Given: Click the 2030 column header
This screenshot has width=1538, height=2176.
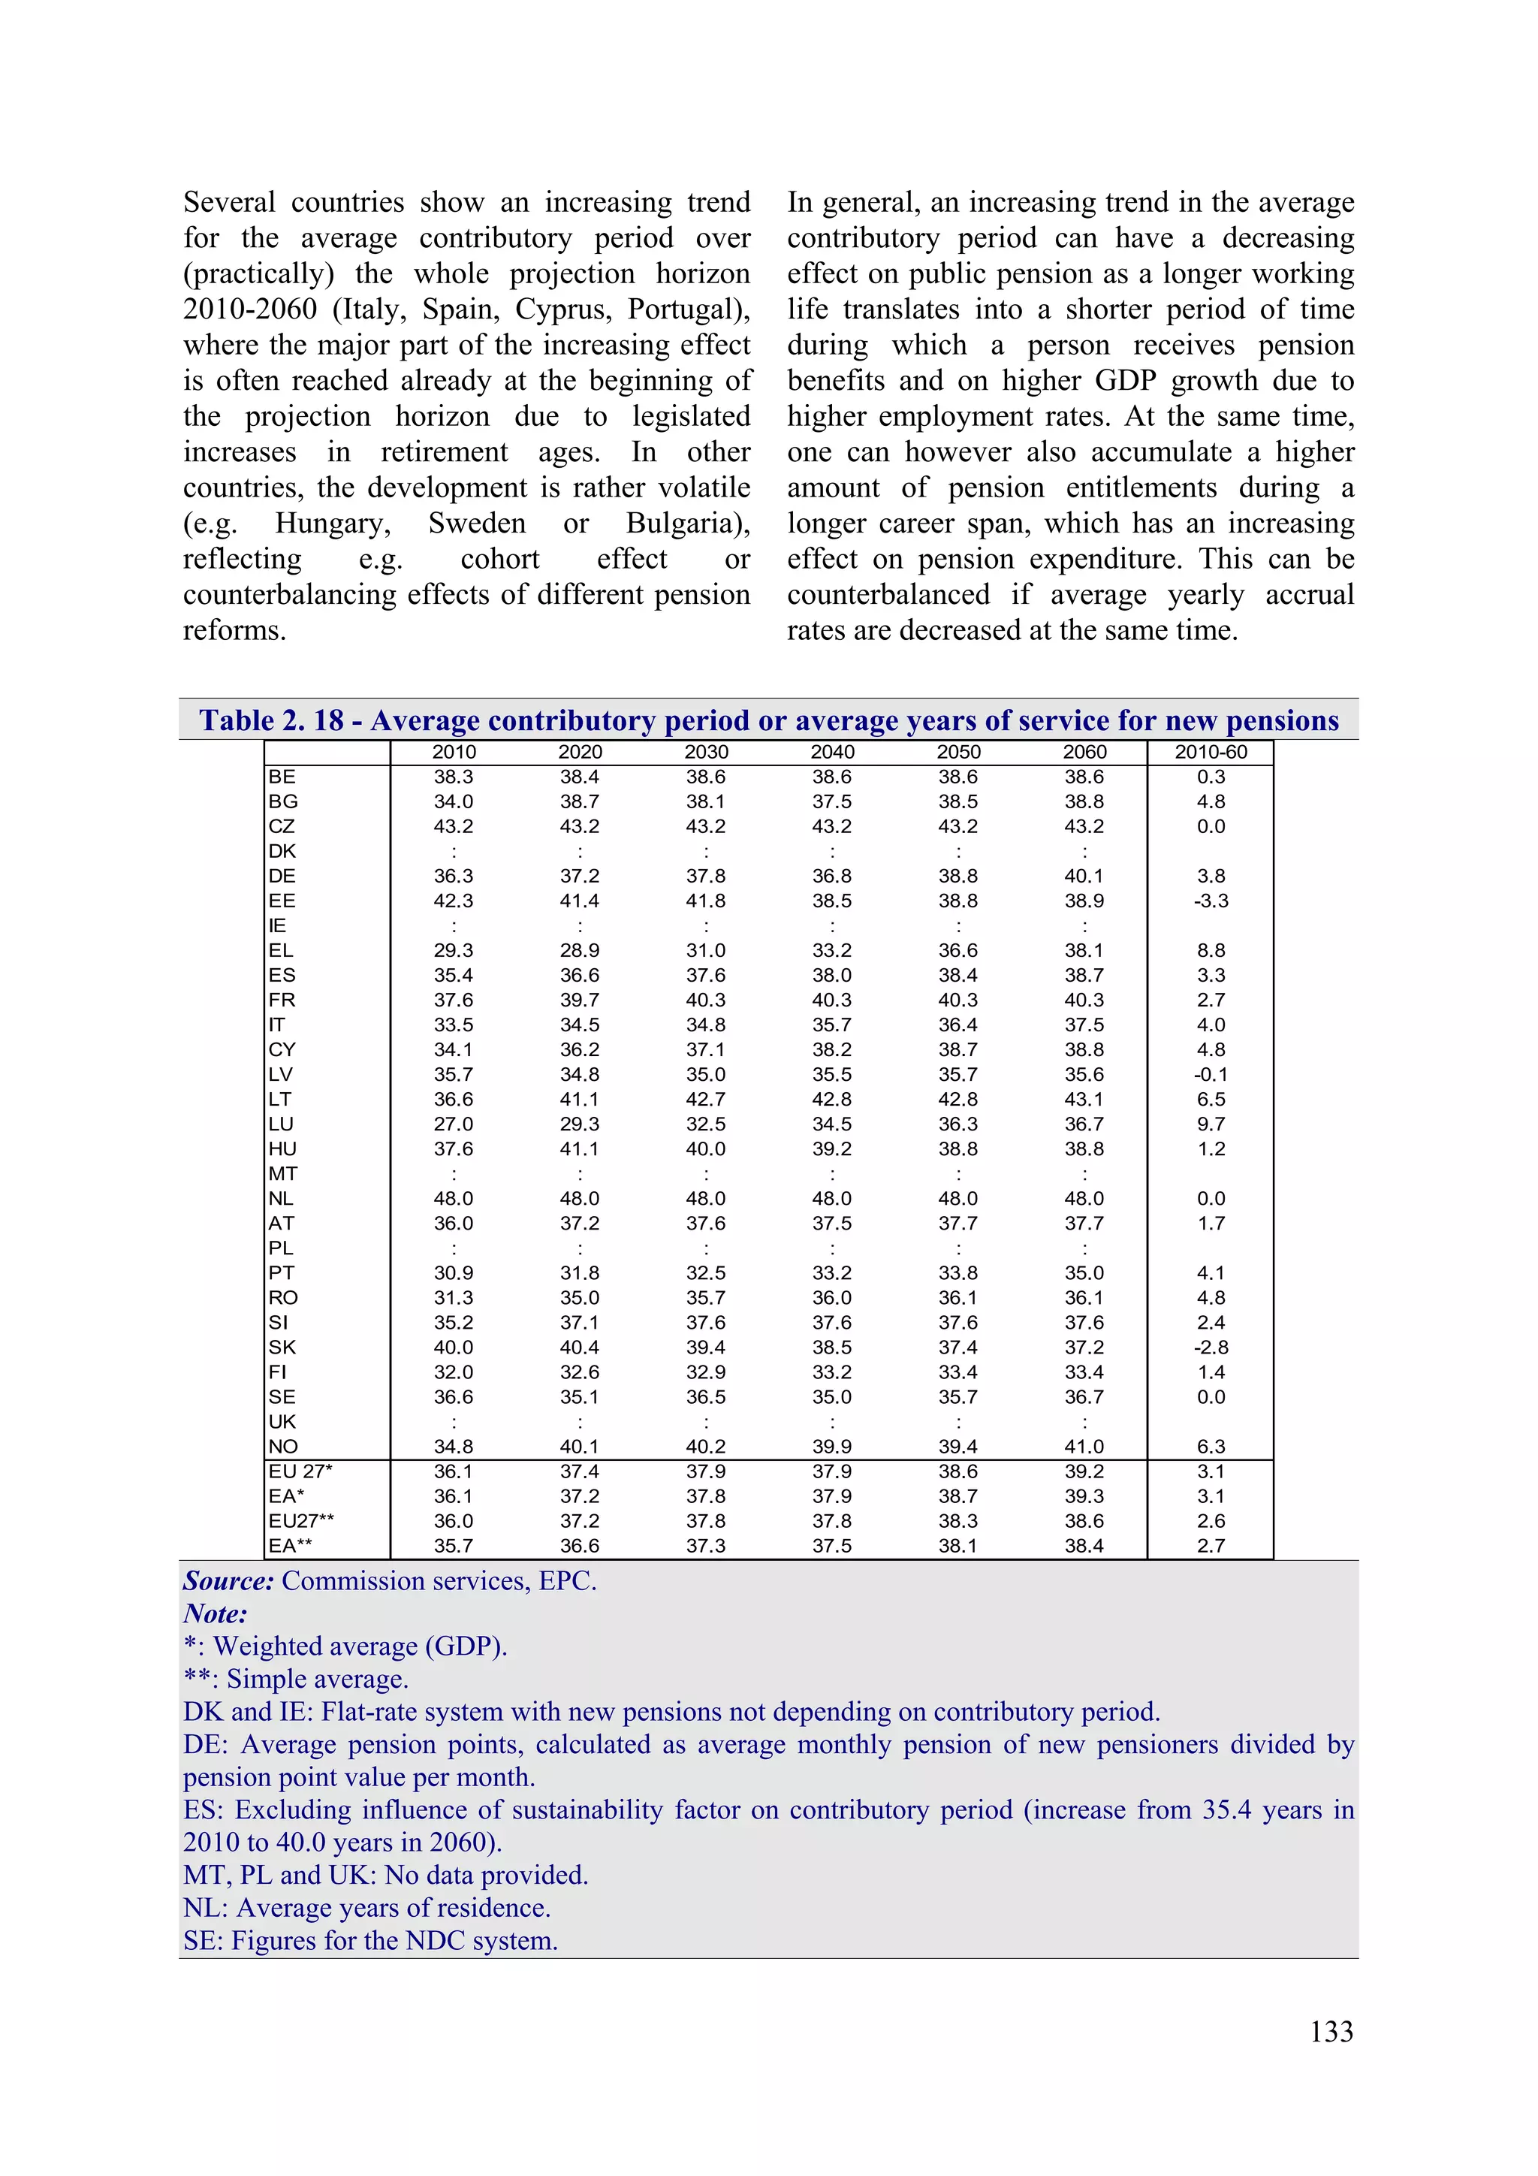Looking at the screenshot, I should [x=706, y=752].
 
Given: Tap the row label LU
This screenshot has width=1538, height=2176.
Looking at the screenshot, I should [x=281, y=1124].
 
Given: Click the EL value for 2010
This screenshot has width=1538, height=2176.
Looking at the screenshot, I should [x=454, y=951].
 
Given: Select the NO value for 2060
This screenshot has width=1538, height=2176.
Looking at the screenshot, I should [x=1084, y=1446].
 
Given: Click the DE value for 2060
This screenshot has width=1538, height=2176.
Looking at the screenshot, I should [x=1084, y=876].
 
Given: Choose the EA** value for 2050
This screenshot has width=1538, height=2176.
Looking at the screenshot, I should [x=958, y=1546].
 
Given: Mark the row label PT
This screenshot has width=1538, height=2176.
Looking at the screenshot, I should [x=281, y=1273].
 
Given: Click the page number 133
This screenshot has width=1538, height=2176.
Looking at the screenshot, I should [x=1331, y=2031].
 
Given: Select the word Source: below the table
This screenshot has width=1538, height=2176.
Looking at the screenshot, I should [x=228, y=1581].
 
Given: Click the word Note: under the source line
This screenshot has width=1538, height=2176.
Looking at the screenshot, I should [x=215, y=1613].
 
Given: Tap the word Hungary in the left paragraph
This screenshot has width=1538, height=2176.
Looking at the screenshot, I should [x=333, y=523].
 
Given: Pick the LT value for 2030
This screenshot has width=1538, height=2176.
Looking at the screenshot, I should [x=706, y=1100].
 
